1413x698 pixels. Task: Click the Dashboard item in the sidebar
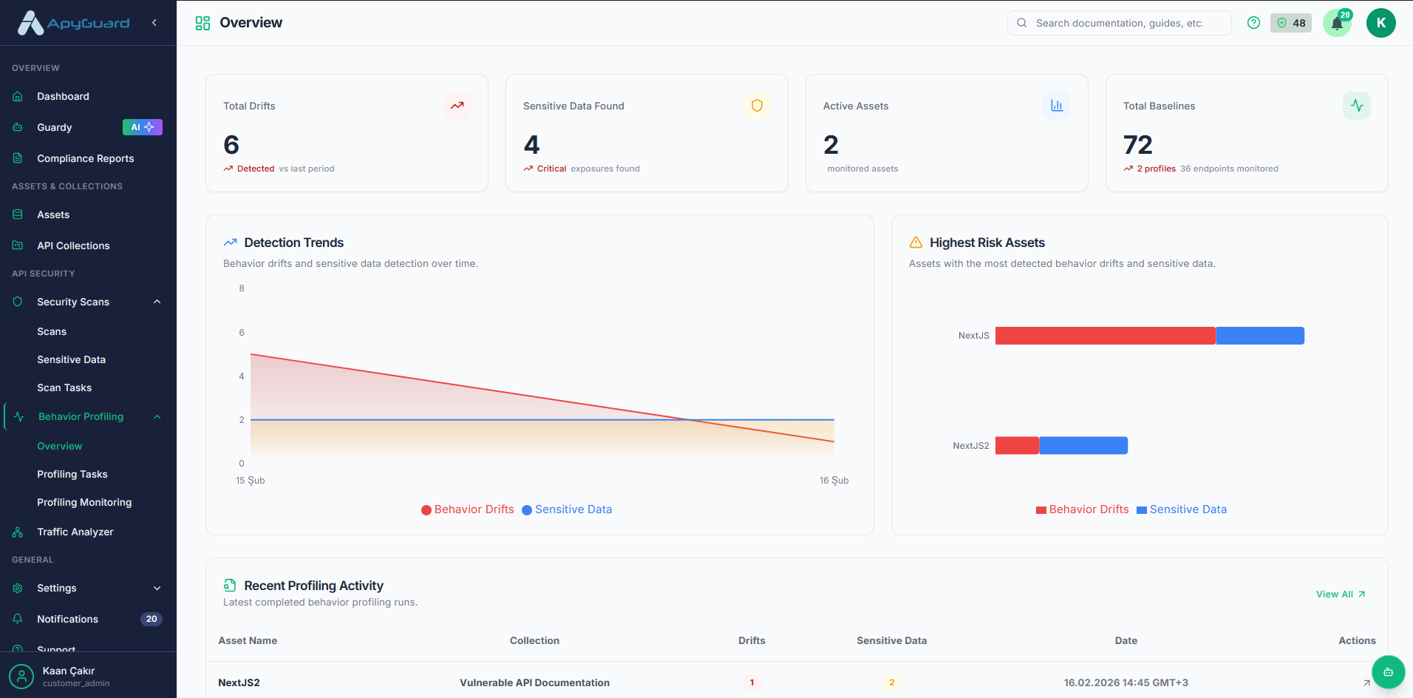tap(63, 96)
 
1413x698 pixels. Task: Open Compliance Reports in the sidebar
tap(85, 158)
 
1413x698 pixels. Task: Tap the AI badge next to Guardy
tap(142, 127)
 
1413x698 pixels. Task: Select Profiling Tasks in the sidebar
tap(72, 474)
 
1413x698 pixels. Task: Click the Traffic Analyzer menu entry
tap(75, 532)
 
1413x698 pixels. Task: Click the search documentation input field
tap(1120, 23)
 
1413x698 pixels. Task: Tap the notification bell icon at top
tap(1337, 24)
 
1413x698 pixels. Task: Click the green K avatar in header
tap(1380, 23)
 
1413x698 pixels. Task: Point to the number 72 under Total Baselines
tap(1137, 145)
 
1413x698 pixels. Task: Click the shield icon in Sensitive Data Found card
tap(757, 106)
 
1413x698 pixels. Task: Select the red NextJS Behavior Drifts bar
tap(1105, 336)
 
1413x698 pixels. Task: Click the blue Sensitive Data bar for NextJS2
tap(1083, 445)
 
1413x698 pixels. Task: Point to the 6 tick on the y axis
tap(242, 333)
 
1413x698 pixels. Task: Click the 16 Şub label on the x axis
tap(834, 481)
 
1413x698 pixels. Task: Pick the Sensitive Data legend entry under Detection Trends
tap(567, 509)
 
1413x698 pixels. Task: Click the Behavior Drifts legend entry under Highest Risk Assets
tap(1083, 509)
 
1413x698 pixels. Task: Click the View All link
tap(1340, 594)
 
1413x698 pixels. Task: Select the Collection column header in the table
tap(534, 640)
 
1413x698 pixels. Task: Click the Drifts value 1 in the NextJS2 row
tap(752, 682)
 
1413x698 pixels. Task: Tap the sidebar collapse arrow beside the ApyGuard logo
tap(154, 23)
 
